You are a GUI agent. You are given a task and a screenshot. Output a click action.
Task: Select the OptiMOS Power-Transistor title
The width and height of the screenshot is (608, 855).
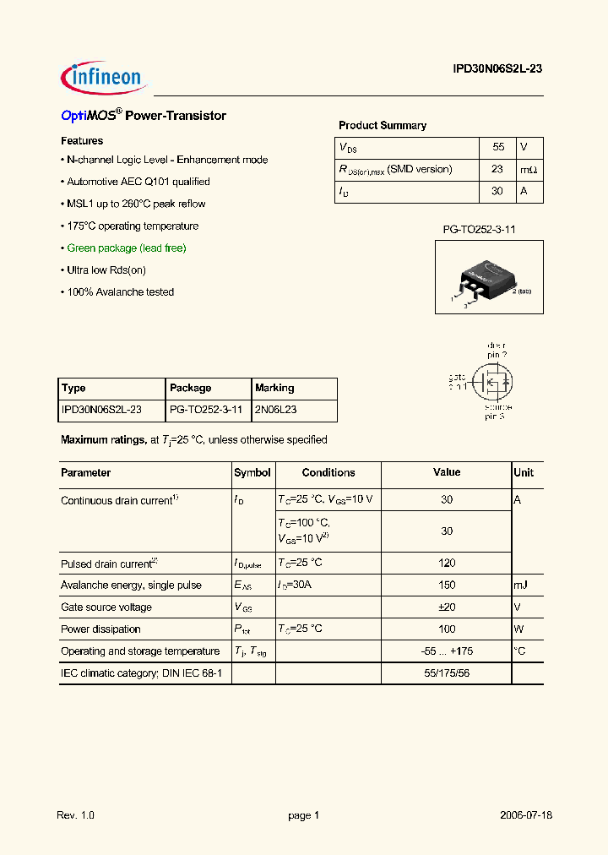tap(144, 116)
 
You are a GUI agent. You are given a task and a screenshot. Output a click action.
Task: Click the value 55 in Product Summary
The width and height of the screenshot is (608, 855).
tap(498, 147)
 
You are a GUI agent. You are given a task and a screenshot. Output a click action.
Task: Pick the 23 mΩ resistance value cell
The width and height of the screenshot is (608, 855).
tap(497, 169)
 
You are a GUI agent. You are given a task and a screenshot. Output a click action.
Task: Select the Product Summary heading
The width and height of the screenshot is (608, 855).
tap(383, 125)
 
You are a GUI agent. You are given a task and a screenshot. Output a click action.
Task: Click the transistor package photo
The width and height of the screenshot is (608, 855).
tap(489, 279)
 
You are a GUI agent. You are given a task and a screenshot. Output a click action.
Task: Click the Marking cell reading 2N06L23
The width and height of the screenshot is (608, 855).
tap(275, 410)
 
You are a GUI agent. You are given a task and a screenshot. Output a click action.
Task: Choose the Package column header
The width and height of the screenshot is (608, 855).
tap(191, 388)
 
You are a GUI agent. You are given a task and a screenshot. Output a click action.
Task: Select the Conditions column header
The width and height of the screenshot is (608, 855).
tap(328, 472)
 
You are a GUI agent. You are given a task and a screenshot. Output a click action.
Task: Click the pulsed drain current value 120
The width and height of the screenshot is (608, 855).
tap(447, 563)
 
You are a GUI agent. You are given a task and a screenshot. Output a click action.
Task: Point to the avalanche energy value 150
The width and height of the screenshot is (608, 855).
tap(447, 585)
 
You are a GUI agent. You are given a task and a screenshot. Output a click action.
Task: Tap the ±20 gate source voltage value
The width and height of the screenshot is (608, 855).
tap(447, 607)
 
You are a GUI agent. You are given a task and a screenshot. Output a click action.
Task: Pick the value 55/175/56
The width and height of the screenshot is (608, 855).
tap(447, 673)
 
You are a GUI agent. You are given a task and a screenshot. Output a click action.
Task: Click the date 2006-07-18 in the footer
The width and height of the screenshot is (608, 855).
tap(526, 815)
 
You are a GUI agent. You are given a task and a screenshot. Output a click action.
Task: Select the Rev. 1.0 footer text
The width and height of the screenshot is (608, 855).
tap(76, 815)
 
